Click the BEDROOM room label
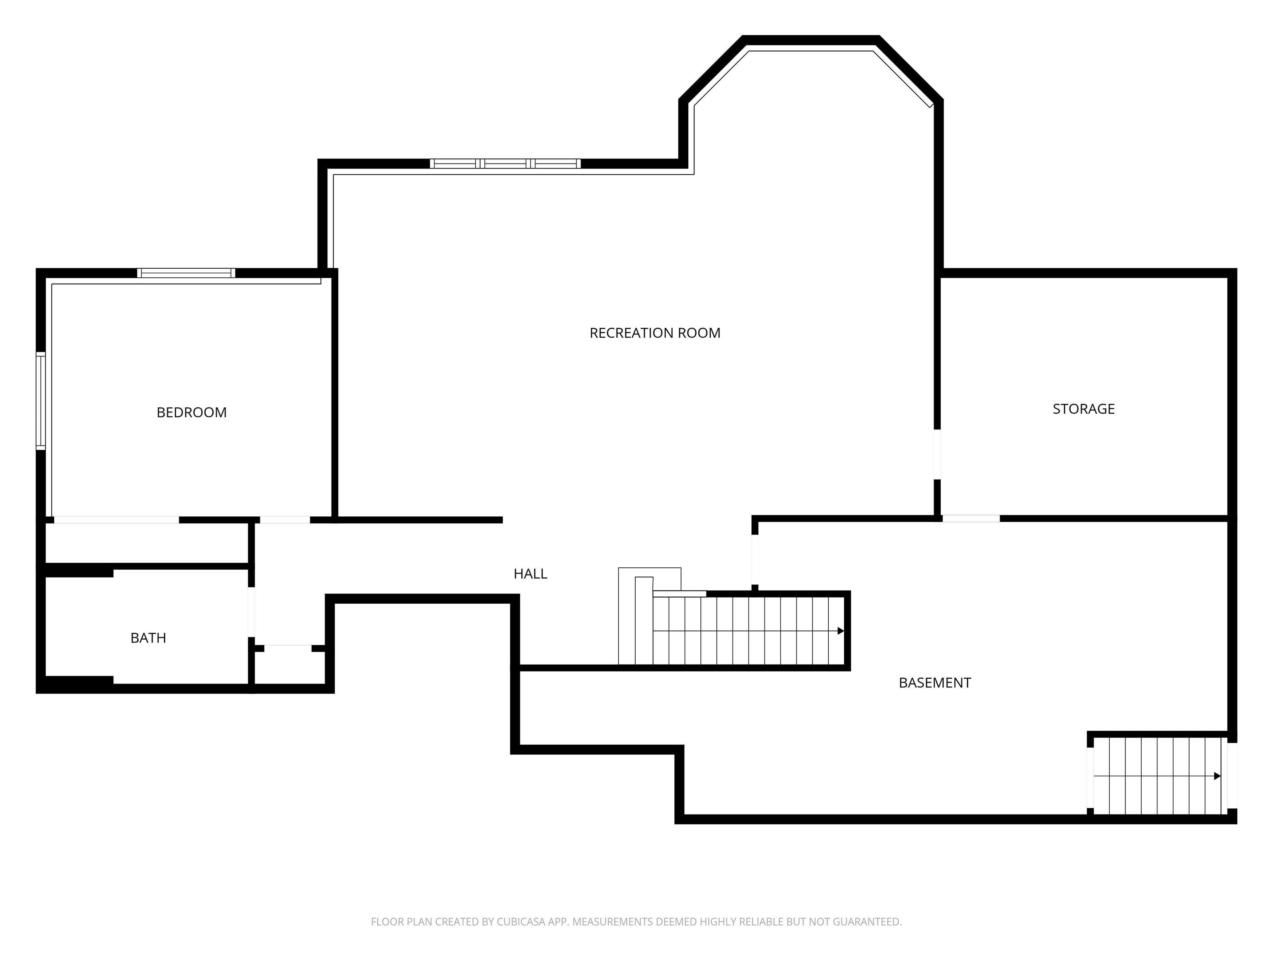[191, 412]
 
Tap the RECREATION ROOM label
[655, 333]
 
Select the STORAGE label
[1084, 409]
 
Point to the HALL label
[530, 573]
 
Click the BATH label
[148, 638]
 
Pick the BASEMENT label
[934, 682]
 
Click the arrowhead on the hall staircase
[840, 631]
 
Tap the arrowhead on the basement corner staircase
[1217, 776]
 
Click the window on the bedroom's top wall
[186, 273]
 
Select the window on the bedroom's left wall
[40, 401]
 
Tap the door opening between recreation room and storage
[937, 454]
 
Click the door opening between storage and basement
[971, 519]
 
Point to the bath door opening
[252, 612]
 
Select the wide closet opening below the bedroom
[116, 520]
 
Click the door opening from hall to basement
[755, 559]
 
